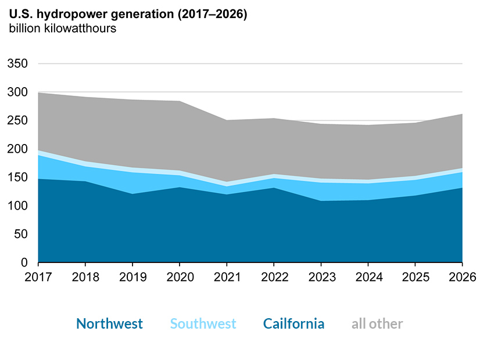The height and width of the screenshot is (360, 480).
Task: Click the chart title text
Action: (x=128, y=15)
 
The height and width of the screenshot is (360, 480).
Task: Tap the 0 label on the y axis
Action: (x=24, y=263)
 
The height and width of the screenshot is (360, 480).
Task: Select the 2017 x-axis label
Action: (x=38, y=278)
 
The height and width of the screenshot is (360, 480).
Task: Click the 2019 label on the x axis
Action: (x=132, y=278)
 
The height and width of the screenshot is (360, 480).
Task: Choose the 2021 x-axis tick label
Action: (x=227, y=278)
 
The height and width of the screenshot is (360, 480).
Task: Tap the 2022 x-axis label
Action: (x=274, y=278)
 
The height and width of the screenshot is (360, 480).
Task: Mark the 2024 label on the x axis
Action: (x=368, y=278)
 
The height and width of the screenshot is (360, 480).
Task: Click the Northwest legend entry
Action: (x=109, y=324)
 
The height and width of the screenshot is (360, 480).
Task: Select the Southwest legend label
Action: (x=203, y=324)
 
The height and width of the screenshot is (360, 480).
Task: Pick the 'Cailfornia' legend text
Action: (x=293, y=324)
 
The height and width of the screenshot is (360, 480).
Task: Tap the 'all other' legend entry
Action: (x=377, y=324)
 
